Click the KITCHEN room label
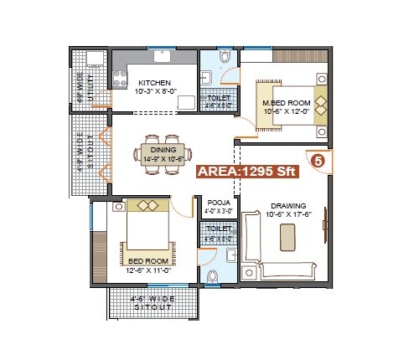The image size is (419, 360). pos(154,83)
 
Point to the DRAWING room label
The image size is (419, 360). pos(287,205)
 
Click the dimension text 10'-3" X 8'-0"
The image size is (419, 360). pos(156,91)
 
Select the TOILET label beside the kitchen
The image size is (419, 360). pos(219,98)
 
